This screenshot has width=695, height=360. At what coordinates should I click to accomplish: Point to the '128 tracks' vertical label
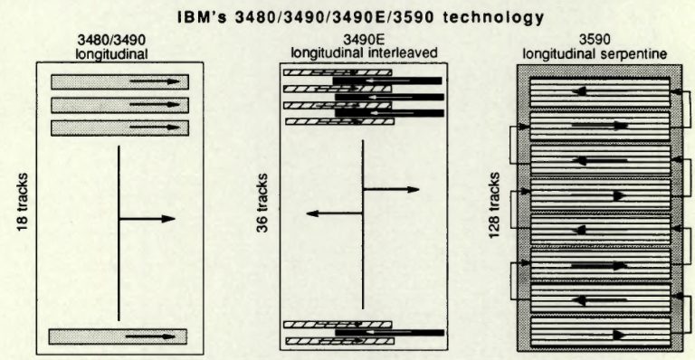click(495, 205)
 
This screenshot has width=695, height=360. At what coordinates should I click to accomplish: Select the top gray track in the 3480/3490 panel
click(119, 82)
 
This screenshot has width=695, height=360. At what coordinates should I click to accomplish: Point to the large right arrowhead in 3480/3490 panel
click(168, 219)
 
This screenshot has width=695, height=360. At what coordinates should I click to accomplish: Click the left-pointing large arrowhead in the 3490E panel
click(311, 214)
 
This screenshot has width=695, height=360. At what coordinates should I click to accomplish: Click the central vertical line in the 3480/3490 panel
click(119, 235)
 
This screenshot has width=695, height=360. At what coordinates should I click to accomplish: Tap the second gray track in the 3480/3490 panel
click(119, 105)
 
